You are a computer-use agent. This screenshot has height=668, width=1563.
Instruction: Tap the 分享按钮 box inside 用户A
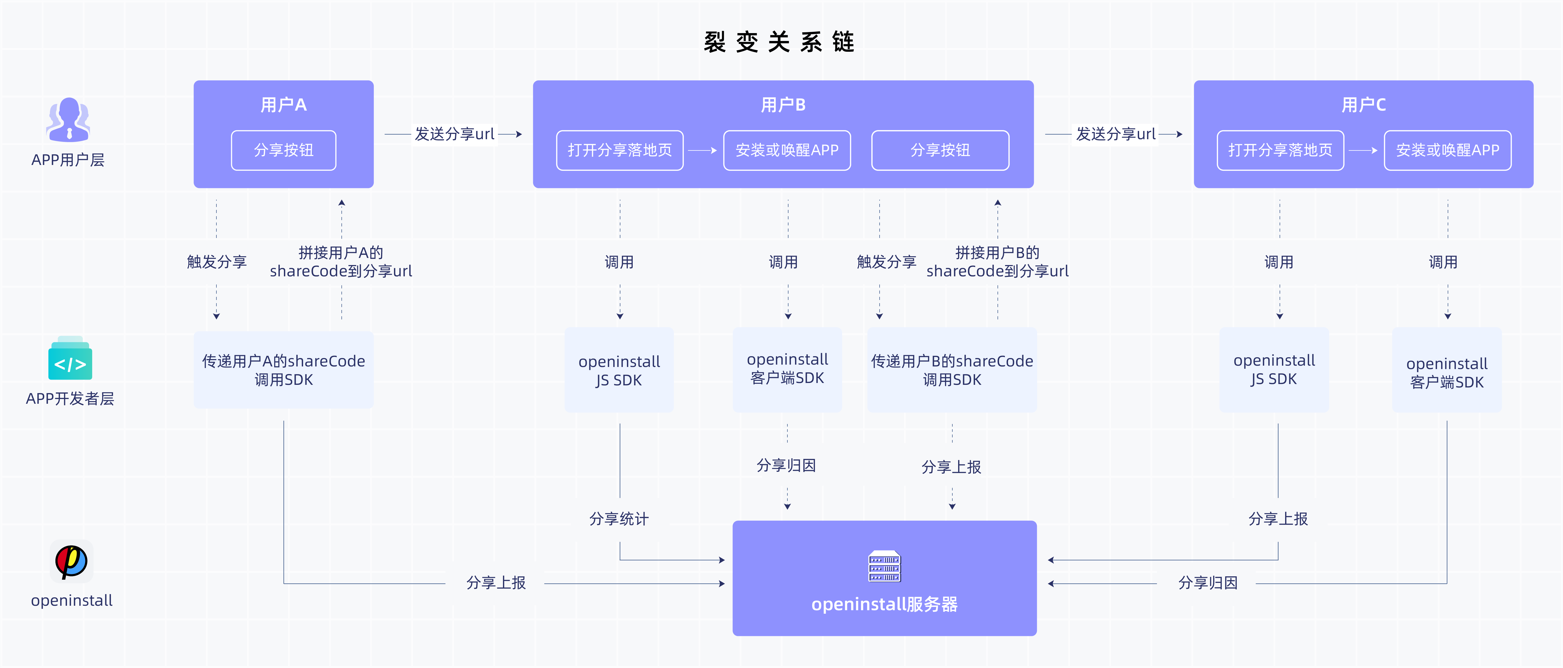[x=283, y=150]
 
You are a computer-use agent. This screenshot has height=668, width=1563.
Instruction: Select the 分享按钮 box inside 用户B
[x=940, y=150]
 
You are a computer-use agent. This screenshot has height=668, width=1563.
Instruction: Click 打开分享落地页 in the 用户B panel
[x=620, y=150]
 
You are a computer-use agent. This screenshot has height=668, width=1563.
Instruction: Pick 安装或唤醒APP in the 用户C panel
[x=1447, y=150]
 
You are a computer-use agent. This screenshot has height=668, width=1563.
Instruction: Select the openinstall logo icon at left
[x=72, y=561]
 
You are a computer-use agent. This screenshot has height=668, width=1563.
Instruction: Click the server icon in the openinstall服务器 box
[x=884, y=566]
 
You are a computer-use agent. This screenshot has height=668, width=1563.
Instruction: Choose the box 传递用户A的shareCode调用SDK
[x=283, y=370]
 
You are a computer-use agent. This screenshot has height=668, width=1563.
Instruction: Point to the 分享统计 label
[x=619, y=519]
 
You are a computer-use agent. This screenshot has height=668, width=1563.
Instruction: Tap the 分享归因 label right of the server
[x=1207, y=583]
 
